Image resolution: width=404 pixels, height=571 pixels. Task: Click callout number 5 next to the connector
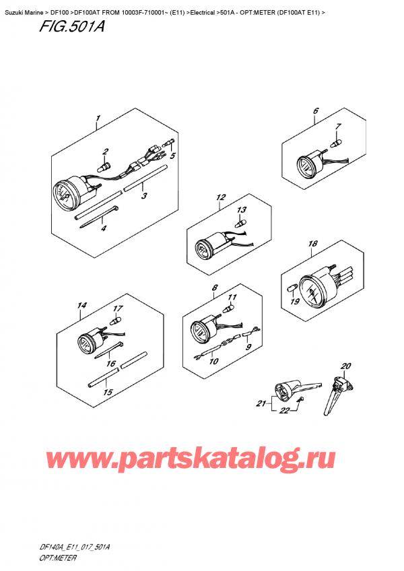(x=172, y=156)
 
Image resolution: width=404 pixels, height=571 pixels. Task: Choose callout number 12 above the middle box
(x=220, y=198)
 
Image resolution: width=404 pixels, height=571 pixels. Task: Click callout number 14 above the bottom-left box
(x=81, y=306)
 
